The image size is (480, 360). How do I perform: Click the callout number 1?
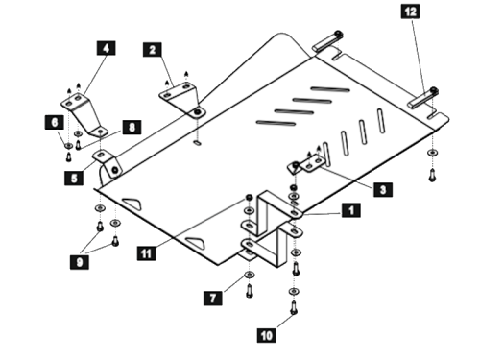click(x=351, y=208)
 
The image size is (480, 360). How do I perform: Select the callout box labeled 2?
click(x=153, y=48)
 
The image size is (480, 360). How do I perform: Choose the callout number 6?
click(x=54, y=122)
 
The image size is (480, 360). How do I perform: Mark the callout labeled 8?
click(x=132, y=126)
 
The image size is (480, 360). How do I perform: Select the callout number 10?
click(x=266, y=335)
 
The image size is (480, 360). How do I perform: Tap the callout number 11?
click(x=144, y=252)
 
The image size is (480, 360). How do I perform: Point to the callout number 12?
click(x=410, y=12)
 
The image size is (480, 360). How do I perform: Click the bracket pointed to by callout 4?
click(x=81, y=106)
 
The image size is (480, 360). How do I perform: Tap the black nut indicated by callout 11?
click(x=248, y=199)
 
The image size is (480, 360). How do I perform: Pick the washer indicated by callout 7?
click(x=249, y=276)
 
